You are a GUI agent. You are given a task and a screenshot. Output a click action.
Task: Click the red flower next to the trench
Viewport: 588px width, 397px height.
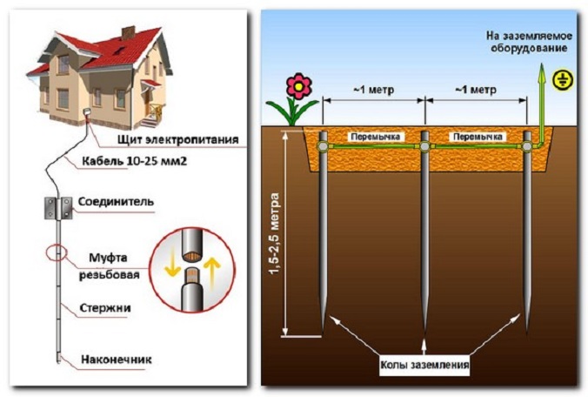(299, 85)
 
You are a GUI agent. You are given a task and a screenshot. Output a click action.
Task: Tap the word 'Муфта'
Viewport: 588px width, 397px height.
(108, 257)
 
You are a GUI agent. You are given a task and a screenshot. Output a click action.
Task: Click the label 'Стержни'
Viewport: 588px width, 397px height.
(112, 307)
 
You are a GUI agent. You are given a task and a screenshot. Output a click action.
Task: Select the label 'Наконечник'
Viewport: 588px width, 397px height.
(119, 358)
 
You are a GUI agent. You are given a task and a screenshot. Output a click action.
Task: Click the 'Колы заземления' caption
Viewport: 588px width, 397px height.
(424, 366)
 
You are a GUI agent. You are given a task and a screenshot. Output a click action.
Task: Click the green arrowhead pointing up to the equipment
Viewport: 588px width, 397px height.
(538, 77)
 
